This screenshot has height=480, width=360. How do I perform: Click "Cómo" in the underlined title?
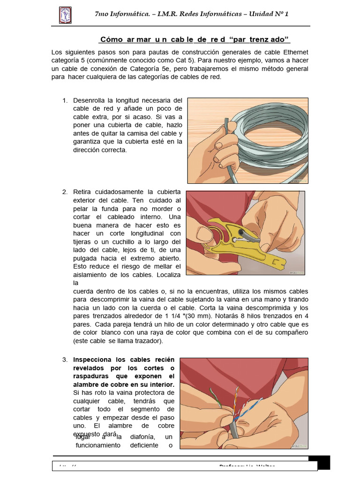(x=111, y=39)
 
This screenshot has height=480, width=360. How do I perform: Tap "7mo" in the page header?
(x=103, y=14)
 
